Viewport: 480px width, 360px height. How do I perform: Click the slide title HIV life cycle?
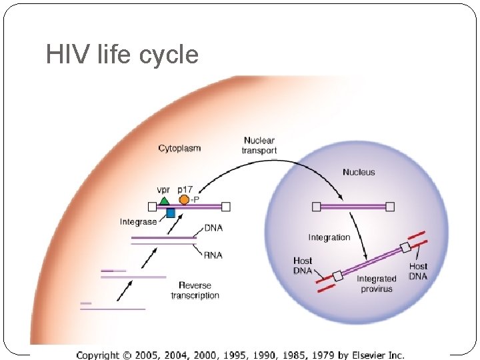[x=122, y=54]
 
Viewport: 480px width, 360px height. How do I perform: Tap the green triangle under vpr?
[x=164, y=199]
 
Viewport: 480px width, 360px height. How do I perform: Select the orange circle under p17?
[x=184, y=199]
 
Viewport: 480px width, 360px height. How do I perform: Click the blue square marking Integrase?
[x=170, y=213]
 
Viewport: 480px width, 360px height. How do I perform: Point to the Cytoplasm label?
[x=179, y=148]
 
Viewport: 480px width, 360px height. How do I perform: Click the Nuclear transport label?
[x=259, y=145]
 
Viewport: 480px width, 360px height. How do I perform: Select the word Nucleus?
[x=359, y=172]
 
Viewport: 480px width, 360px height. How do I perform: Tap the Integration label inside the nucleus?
[x=329, y=237]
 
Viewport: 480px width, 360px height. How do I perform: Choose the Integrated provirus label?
[x=377, y=283]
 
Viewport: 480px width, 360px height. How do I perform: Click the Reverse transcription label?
[x=195, y=290]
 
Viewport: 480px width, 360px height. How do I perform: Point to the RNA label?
[x=213, y=255]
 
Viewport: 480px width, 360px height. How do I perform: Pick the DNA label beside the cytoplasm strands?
[x=213, y=228]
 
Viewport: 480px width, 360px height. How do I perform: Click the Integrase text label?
[x=139, y=221]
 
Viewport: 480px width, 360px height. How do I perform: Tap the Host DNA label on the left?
[x=303, y=265]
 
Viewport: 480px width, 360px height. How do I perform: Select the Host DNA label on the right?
[x=418, y=271]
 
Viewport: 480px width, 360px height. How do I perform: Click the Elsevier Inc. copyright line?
[x=240, y=355]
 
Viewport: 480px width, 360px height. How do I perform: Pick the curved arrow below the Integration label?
[x=361, y=240]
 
